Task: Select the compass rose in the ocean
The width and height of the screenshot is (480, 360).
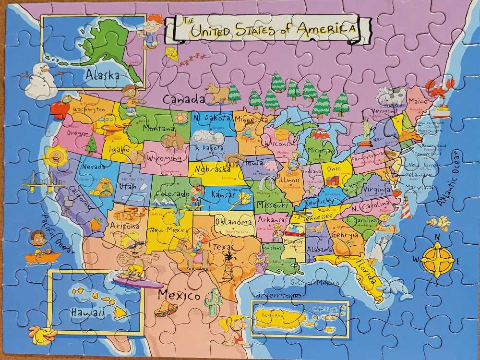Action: (437, 259)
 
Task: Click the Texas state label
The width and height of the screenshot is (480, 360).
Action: (222, 247)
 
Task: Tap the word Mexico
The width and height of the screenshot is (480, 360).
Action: (179, 294)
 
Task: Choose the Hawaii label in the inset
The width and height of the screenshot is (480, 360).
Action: (87, 312)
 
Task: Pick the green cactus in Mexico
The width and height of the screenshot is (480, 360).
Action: (212, 302)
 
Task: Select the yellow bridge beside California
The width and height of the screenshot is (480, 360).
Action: (42, 181)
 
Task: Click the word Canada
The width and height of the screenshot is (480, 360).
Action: (183, 99)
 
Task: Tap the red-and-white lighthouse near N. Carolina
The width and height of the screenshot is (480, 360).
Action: (406, 207)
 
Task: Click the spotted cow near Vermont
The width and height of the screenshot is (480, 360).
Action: (391, 96)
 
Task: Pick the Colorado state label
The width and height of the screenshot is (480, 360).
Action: (172, 193)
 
